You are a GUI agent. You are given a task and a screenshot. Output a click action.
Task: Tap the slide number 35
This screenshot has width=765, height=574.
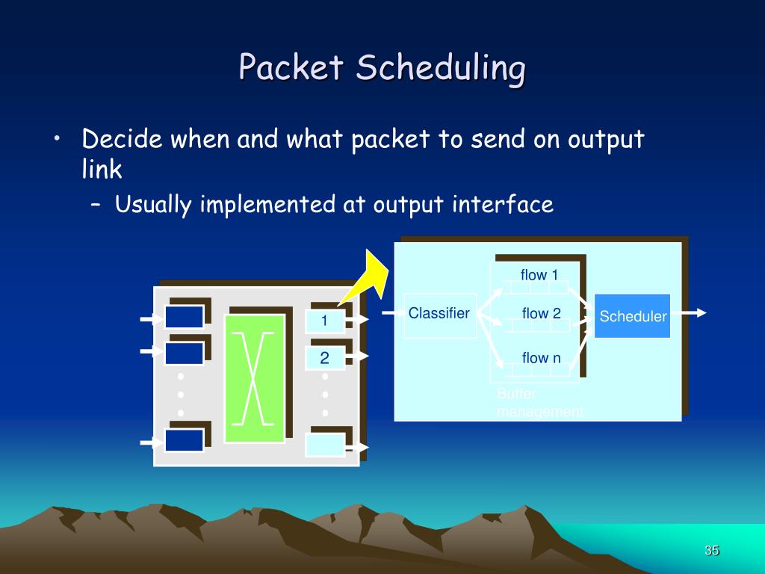pyautogui.click(x=711, y=551)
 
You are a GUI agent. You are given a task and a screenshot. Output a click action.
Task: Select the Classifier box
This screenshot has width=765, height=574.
pyautogui.click(x=439, y=315)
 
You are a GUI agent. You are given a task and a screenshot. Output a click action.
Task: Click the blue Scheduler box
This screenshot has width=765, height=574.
pyautogui.click(x=632, y=316)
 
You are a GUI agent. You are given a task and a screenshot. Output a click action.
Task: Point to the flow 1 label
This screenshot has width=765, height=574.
pyautogui.click(x=539, y=275)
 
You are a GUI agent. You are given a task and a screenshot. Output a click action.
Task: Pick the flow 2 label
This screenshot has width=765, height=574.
pyautogui.click(x=541, y=314)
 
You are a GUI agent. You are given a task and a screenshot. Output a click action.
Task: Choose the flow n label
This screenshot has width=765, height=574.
pyautogui.click(x=541, y=358)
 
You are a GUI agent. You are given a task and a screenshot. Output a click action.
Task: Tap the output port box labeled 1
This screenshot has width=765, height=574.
pyautogui.click(x=325, y=321)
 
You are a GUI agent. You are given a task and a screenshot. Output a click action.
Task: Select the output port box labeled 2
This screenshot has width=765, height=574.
pyautogui.click(x=325, y=359)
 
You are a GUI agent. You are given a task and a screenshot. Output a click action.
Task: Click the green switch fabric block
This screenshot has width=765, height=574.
pyautogui.click(x=255, y=378)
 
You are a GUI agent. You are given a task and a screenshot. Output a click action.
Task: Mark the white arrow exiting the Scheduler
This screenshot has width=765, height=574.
pyautogui.click(x=688, y=313)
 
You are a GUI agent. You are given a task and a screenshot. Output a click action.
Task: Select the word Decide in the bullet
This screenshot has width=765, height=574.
pyautogui.click(x=123, y=140)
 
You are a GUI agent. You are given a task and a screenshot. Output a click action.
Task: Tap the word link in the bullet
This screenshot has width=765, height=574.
pyautogui.click(x=102, y=170)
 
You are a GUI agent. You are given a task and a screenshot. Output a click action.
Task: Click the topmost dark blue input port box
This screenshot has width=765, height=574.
pyautogui.click(x=184, y=317)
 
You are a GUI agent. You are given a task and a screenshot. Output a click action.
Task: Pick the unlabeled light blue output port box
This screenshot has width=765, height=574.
pyautogui.click(x=325, y=444)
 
